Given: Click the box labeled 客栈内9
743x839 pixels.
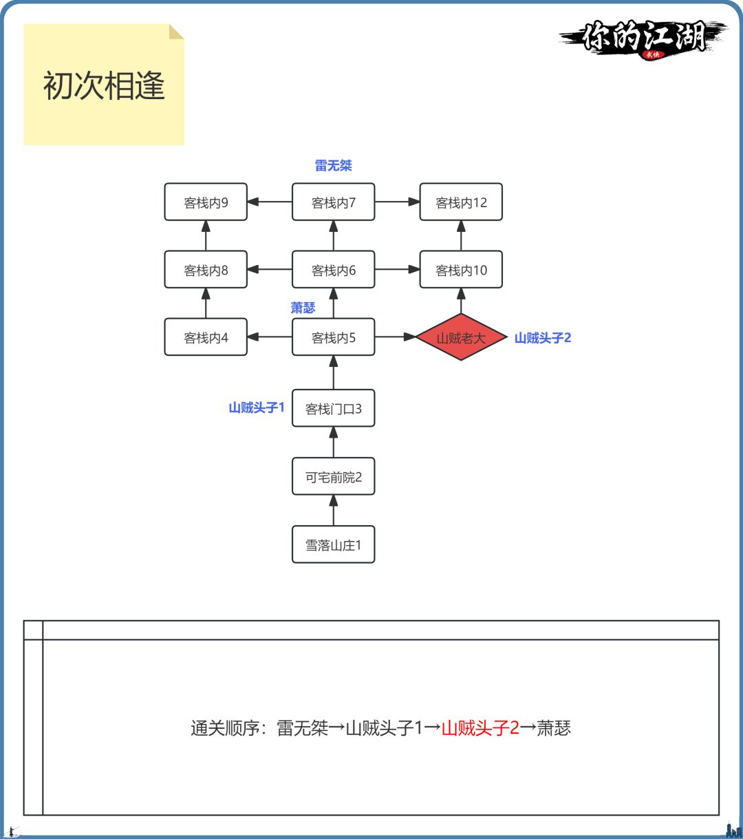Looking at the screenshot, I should click(206, 202).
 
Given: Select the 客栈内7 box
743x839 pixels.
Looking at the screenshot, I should click(334, 202).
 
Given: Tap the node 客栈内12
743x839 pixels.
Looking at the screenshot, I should click(461, 202).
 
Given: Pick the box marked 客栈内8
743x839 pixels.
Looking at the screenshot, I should click(206, 270).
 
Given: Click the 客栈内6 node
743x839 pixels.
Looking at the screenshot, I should click(334, 270).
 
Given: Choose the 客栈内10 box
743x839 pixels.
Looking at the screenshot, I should click(461, 270).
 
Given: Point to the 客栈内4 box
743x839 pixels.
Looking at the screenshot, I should click(206, 337).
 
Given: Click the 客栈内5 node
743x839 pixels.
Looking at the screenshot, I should click(334, 337).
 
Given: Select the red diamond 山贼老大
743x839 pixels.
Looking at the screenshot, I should click(461, 337).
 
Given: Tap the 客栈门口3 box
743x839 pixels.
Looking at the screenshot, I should click(334, 409).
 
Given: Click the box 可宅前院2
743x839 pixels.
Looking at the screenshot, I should click(334, 477).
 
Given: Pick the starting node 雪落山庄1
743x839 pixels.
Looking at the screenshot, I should click(334, 545).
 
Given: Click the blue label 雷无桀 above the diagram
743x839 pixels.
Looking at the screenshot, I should click(334, 166).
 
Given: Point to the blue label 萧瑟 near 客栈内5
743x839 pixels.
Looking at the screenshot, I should click(303, 308).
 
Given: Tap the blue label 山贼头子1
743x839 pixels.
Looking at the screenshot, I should click(256, 408).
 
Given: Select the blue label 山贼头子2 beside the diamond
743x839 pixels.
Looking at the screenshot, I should click(543, 338).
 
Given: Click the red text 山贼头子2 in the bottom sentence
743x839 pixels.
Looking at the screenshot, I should click(480, 728).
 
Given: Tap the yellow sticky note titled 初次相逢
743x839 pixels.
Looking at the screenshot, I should click(104, 85).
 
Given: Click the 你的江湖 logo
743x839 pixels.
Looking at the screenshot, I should click(644, 39).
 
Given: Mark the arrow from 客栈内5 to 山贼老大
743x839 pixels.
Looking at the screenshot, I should click(396, 337).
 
